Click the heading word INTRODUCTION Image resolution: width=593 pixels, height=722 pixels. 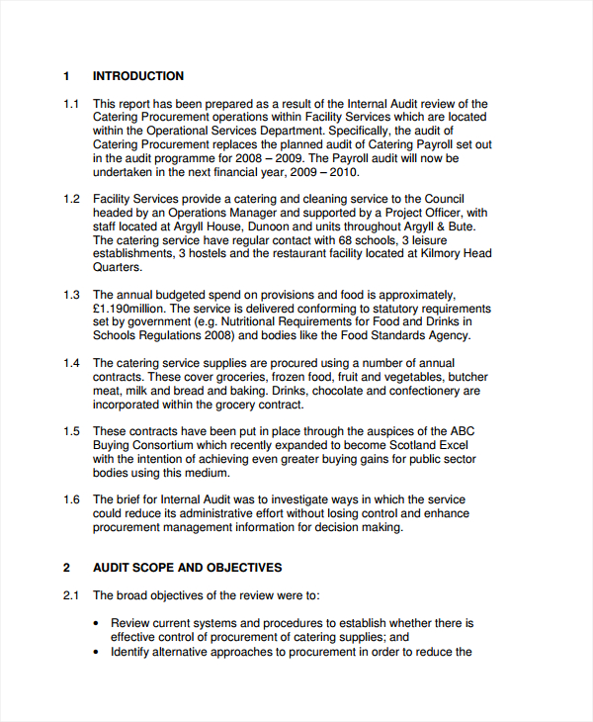coord(137,76)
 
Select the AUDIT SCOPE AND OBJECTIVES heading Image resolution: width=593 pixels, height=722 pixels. coord(187,568)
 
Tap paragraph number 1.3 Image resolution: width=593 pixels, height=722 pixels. coord(71,295)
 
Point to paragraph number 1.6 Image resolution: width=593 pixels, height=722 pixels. coord(71,499)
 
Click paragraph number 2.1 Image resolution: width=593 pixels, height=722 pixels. coord(71,595)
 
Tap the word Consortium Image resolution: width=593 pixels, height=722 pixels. coord(167,445)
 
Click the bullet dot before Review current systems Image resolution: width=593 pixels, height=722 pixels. coord(96,624)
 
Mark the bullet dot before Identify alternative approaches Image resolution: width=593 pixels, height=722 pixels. coord(96,653)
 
